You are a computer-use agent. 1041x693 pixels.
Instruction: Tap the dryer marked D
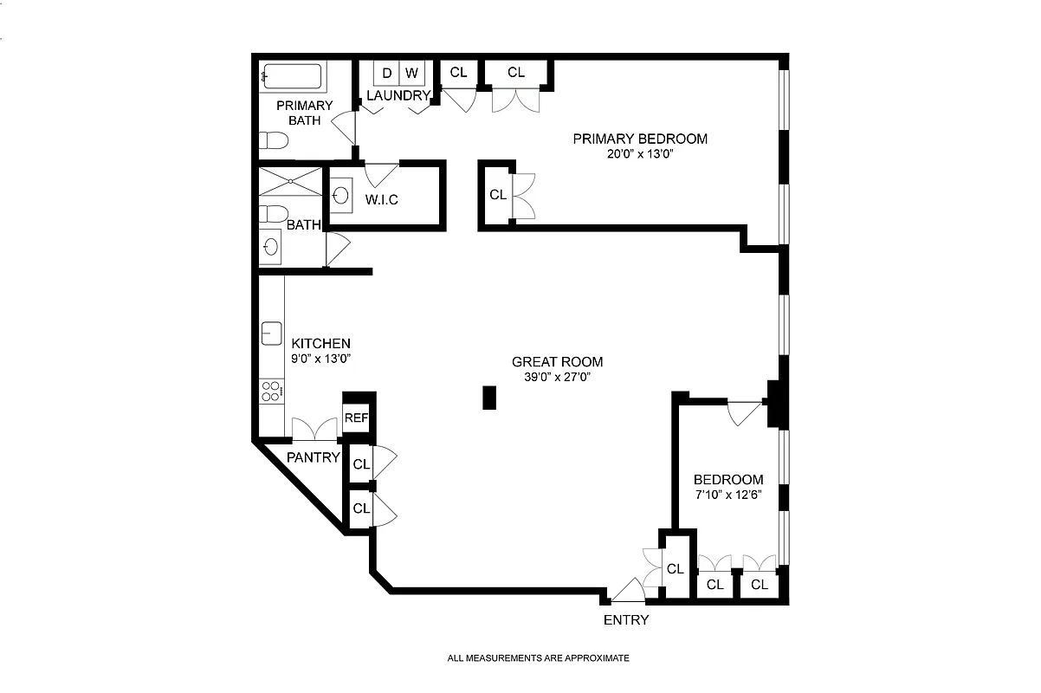[386, 73]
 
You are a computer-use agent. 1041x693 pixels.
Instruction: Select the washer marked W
[411, 73]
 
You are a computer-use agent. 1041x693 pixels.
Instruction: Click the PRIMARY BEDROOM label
[639, 139]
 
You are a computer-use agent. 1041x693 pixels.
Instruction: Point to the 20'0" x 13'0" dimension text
[639, 154]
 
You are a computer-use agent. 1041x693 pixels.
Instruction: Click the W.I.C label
[381, 200]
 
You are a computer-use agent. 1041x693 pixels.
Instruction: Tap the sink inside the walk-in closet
[340, 196]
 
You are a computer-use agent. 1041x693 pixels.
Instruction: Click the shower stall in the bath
[289, 183]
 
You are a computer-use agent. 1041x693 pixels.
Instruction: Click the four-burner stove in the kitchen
[271, 391]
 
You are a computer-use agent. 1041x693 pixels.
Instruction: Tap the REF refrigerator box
[356, 418]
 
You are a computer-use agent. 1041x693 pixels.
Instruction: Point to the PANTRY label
[314, 457]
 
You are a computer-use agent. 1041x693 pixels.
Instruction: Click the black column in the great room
[489, 398]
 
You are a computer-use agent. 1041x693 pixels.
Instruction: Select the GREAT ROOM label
[557, 362]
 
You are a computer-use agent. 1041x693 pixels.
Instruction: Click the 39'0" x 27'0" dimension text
[557, 377]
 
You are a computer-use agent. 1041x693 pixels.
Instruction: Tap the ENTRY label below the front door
[625, 620]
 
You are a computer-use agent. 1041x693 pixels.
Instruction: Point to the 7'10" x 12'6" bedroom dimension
[728, 495]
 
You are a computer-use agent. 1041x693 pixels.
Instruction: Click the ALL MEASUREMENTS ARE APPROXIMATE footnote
[538, 658]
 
